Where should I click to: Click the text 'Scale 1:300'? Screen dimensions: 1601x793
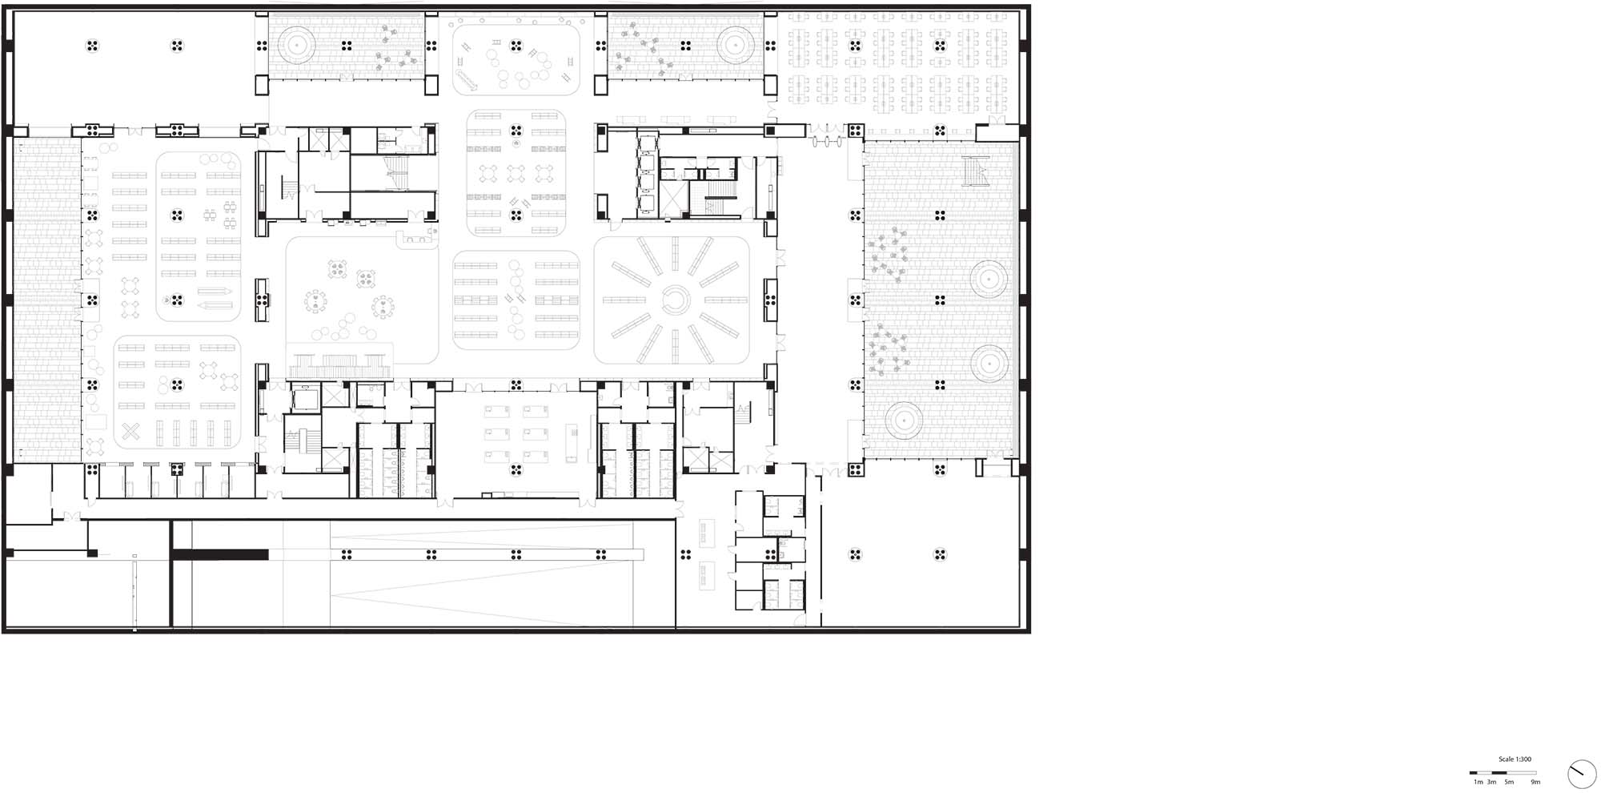1515,759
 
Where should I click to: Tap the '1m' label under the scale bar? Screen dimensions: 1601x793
1478,782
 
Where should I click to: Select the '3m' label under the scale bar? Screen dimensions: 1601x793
1491,782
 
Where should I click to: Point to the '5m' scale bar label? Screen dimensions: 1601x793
1509,782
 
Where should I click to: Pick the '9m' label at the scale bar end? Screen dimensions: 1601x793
1535,782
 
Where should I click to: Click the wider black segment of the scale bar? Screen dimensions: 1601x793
1499,773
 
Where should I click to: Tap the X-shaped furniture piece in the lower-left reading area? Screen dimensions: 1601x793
132,432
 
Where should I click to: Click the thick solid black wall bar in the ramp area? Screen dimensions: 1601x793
220,554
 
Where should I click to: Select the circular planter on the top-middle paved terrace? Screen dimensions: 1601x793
735,45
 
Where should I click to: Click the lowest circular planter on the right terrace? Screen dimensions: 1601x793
904,420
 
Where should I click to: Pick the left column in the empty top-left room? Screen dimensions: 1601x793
93,46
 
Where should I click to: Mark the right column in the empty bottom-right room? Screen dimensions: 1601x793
941,554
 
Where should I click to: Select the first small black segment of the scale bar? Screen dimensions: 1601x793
1473,773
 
